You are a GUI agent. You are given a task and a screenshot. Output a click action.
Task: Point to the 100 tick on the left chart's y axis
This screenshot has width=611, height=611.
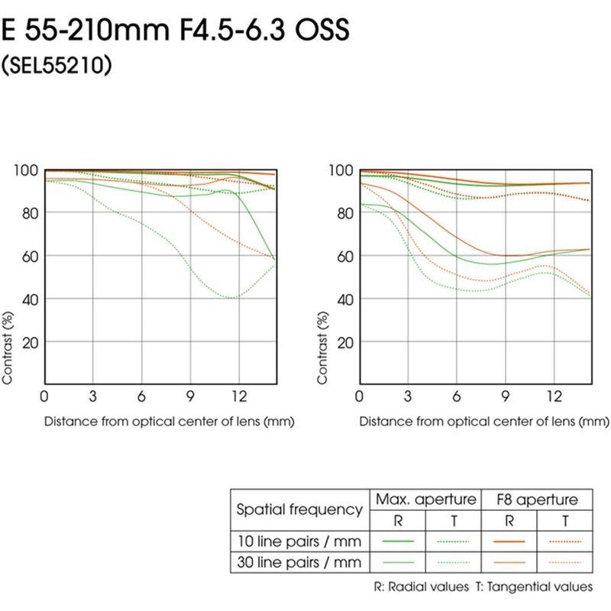28,170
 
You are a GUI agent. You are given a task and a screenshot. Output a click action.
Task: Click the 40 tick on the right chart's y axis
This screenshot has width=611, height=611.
344,299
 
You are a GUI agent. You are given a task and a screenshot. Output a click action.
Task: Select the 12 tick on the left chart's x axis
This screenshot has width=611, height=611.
239,396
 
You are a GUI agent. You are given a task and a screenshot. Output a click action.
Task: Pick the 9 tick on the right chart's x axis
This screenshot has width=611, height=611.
505,396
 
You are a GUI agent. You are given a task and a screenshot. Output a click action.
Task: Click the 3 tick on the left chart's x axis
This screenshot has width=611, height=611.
92,396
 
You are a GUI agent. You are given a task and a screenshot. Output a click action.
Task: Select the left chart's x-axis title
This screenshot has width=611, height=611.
169,421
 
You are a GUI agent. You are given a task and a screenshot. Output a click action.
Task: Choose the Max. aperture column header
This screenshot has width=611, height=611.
424,499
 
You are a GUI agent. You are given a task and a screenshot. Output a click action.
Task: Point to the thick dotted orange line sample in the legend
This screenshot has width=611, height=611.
566,541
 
